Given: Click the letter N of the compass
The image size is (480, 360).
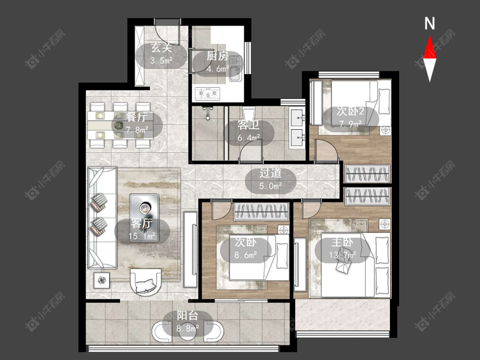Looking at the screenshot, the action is click(430, 23).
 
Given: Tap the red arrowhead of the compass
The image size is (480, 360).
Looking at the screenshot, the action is click(430, 47).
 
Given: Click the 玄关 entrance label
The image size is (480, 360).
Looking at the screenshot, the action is click(161, 48).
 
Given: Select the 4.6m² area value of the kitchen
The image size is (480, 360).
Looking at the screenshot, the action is click(218, 69).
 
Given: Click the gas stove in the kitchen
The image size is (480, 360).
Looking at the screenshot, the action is click(208, 93).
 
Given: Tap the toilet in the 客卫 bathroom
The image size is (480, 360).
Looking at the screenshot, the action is click(249, 115).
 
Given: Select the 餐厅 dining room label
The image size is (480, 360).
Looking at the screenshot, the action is click(136, 116).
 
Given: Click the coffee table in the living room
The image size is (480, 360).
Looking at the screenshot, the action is click(144, 218).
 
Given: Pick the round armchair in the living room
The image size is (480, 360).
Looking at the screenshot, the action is click(146, 282).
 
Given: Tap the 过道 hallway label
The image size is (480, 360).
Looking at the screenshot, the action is click(271, 173).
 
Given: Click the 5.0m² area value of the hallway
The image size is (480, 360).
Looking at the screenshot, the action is click(271, 186).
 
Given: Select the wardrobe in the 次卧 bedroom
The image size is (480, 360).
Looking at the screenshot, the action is click(261, 212).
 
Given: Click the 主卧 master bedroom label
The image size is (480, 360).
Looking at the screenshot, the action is click(343, 242).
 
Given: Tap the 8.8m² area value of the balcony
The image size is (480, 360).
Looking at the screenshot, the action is click(188, 328).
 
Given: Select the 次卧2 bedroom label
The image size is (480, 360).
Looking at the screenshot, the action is click(350, 111).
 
